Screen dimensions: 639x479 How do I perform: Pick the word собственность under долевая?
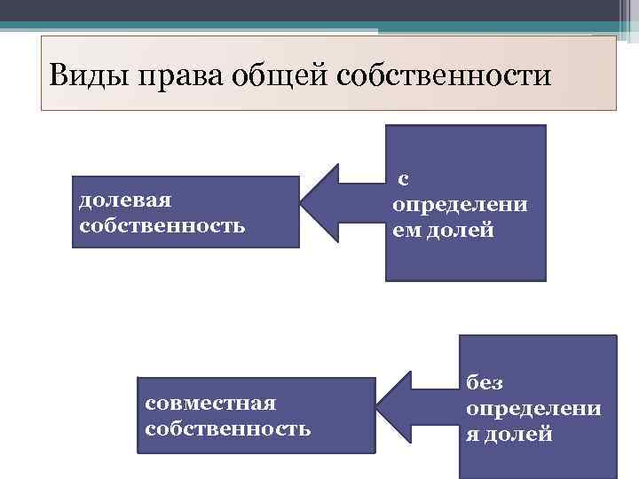[162, 224]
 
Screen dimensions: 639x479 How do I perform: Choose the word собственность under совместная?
[226, 429]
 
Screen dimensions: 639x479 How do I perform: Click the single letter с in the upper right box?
[402, 179]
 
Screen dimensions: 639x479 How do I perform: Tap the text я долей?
[509, 435]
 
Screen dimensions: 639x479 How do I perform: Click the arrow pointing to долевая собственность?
[340, 204]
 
